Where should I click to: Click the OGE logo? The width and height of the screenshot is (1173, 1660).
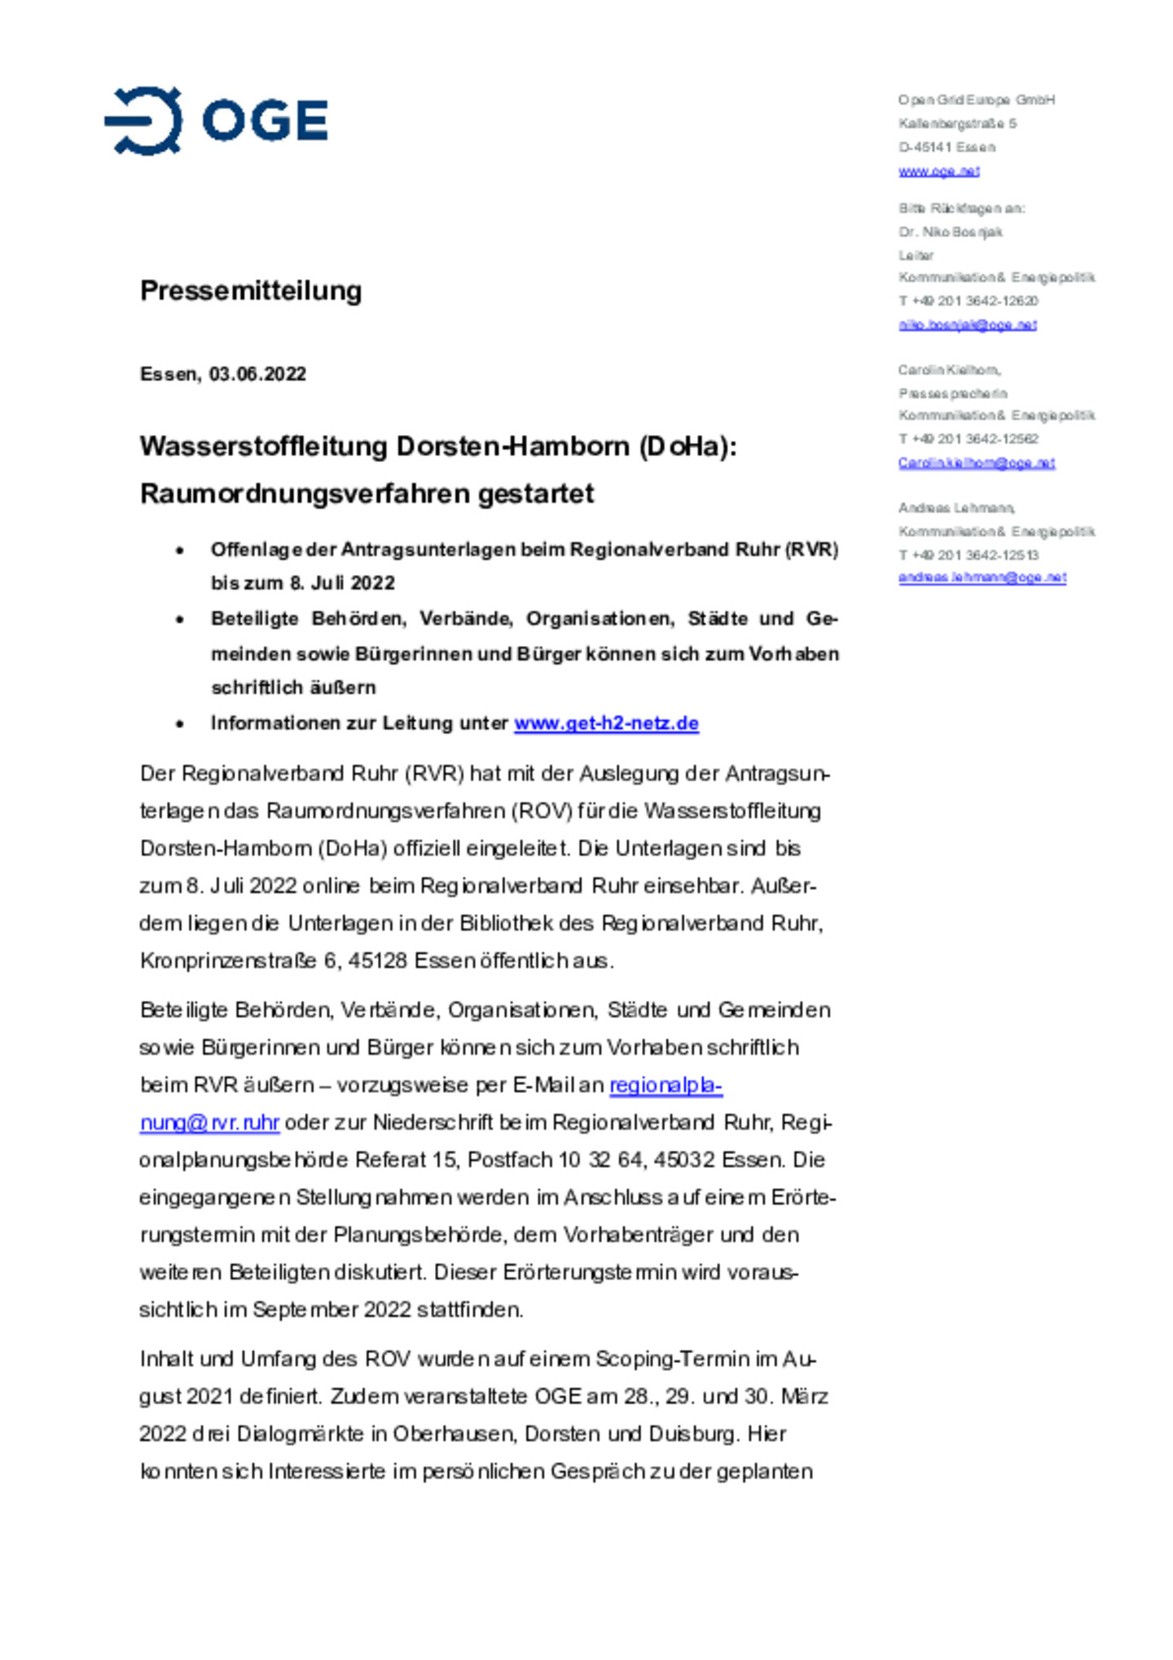pyautogui.click(x=216, y=121)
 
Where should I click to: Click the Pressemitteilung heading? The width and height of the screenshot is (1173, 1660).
pyautogui.click(x=250, y=290)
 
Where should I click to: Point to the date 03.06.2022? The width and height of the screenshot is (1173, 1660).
pyautogui.click(x=257, y=374)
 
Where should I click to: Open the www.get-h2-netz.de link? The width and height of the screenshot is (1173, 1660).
pyautogui.click(x=606, y=723)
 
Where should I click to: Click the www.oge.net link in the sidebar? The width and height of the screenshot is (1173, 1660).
pyautogui.click(x=938, y=171)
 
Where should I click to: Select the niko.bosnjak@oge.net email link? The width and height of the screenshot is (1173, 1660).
pyautogui.click(x=967, y=325)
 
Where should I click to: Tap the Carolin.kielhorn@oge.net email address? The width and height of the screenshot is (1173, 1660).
pyautogui.click(x=976, y=463)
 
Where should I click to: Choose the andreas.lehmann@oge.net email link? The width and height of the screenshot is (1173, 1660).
pyautogui.click(x=982, y=577)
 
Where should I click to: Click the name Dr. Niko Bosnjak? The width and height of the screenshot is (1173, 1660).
pyautogui.click(x=950, y=232)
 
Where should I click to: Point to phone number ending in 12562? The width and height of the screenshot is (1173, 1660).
pyautogui.click(x=969, y=439)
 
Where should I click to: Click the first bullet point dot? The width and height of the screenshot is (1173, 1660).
pyautogui.click(x=180, y=551)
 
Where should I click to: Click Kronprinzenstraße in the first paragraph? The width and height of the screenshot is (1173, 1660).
pyautogui.click(x=228, y=961)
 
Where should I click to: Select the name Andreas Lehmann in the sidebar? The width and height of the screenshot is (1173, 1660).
pyautogui.click(x=956, y=507)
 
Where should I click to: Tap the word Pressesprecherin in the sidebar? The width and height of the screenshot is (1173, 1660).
pyautogui.click(x=952, y=393)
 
